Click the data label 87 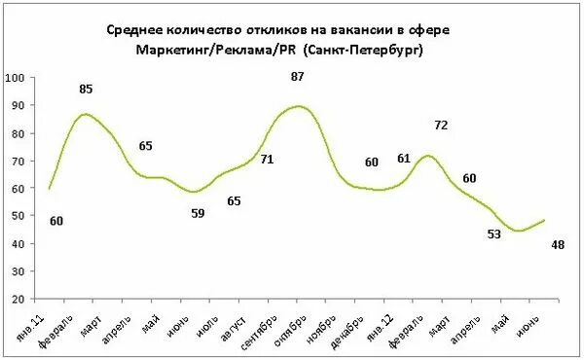(x=297, y=77)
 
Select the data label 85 (x=86, y=90)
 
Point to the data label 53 (x=495, y=234)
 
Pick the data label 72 (x=440, y=126)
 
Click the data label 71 (x=266, y=160)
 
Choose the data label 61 (x=404, y=159)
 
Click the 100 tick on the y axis (x=17, y=78)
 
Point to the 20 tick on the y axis (x=19, y=299)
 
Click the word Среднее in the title (x=137, y=29)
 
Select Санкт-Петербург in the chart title (x=368, y=50)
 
